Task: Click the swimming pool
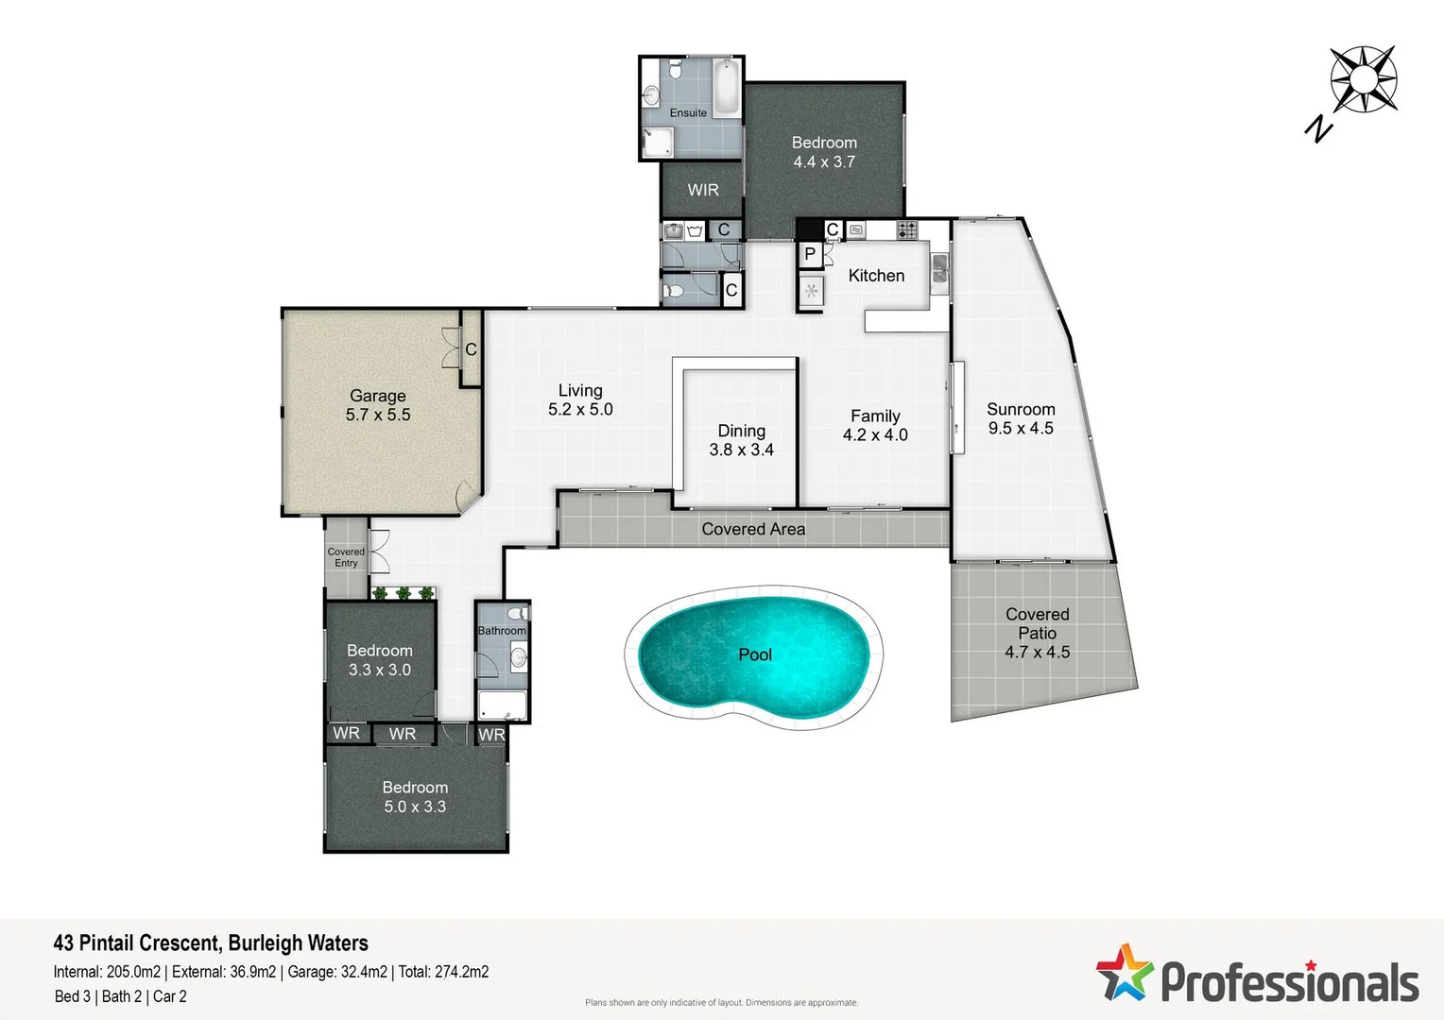click(753, 654)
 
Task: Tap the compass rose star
click(1363, 79)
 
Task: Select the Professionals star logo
click(1124, 973)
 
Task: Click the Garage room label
click(377, 396)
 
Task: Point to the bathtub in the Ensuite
click(725, 88)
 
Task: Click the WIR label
click(703, 190)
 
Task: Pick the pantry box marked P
click(810, 254)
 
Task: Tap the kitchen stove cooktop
click(906, 229)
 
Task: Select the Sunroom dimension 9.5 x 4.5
click(1021, 429)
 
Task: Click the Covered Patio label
click(1037, 623)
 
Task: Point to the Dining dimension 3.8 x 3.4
click(741, 450)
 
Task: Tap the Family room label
click(875, 416)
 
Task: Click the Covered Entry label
click(346, 557)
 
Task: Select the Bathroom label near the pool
click(501, 631)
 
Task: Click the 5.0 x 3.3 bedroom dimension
click(415, 807)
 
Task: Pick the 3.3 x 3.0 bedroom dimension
click(379, 670)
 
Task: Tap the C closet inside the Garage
click(471, 350)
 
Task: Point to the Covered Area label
click(753, 529)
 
